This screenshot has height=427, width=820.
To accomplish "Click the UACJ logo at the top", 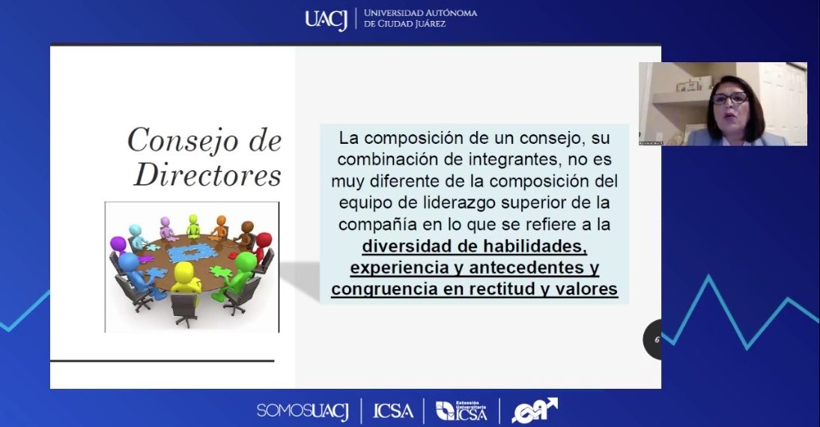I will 326,19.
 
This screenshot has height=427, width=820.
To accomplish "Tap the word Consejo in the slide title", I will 177,139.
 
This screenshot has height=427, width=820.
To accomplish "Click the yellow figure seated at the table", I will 183,278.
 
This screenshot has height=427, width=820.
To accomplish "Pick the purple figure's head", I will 118,243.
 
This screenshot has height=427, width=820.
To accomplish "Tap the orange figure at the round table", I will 220,224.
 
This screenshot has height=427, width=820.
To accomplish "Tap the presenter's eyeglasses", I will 730,98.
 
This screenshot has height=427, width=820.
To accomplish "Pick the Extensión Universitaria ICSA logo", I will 461,410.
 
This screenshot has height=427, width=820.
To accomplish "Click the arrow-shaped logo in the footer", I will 533,410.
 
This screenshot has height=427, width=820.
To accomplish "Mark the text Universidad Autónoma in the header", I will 420,13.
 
